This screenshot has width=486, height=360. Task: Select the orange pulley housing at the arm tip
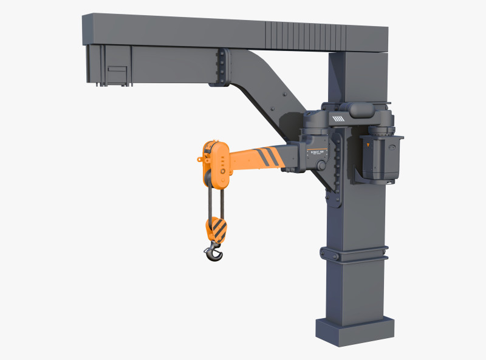[x=216, y=164]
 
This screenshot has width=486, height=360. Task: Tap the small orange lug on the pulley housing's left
[x=200, y=159]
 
